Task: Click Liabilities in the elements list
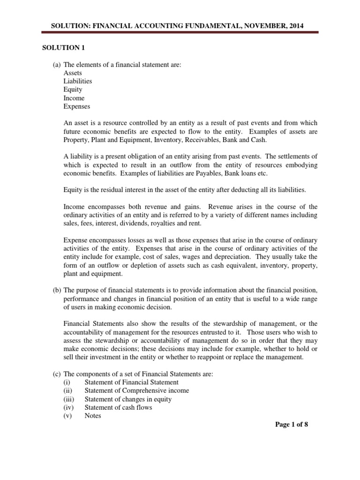coord(78,81)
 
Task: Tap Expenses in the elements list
coord(77,106)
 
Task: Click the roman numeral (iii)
coord(69,399)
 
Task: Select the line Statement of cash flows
coord(118,407)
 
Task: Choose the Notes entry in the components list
coord(93,416)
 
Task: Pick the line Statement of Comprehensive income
coord(137,390)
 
